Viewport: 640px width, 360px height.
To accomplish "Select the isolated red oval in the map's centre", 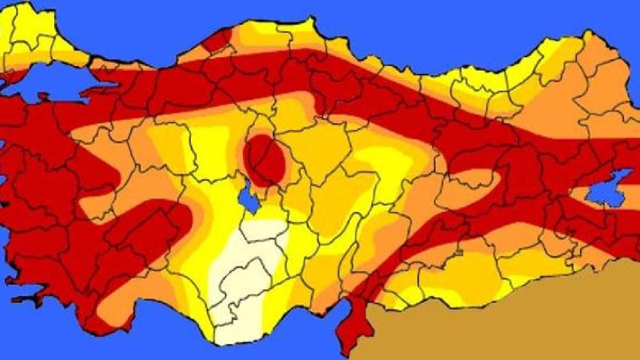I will point(263,159).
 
